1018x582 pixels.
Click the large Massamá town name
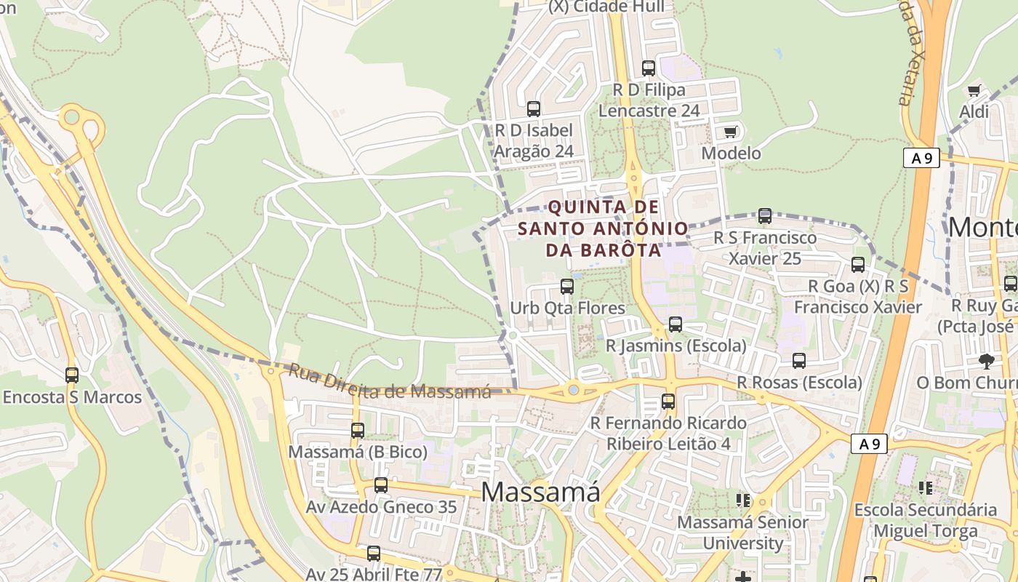coord(540,493)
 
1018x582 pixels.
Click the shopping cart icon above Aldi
coord(974,91)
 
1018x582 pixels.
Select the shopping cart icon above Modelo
coord(730,132)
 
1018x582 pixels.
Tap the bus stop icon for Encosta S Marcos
coord(72,375)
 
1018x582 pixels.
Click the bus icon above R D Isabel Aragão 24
coord(534,109)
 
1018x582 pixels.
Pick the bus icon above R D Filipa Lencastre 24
coord(649,68)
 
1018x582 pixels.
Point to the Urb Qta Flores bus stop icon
coord(567,287)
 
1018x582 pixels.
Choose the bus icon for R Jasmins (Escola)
coord(676,324)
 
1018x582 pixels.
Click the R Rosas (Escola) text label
coord(799,383)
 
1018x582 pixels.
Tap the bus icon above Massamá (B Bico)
coord(358,430)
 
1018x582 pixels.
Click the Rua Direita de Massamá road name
coord(390,382)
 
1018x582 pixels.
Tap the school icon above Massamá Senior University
coord(743,500)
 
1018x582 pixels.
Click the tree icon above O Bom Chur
coord(987,361)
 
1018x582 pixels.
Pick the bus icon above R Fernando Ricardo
coord(668,401)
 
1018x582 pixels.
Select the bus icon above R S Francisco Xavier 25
coord(764,216)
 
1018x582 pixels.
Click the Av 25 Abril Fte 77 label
coord(374,574)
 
